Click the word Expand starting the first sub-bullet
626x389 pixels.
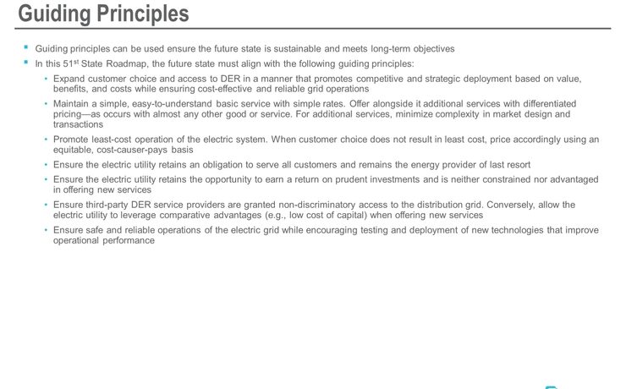pyautogui.click(x=70, y=79)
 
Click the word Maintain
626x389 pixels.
pyautogui.click(x=72, y=103)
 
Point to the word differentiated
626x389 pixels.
pyautogui.click(x=564, y=103)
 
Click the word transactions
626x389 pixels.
pyautogui.click(x=78, y=123)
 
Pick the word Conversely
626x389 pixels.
pyautogui.click(x=516, y=205)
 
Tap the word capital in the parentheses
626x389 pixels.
pyautogui.click(x=345, y=215)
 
